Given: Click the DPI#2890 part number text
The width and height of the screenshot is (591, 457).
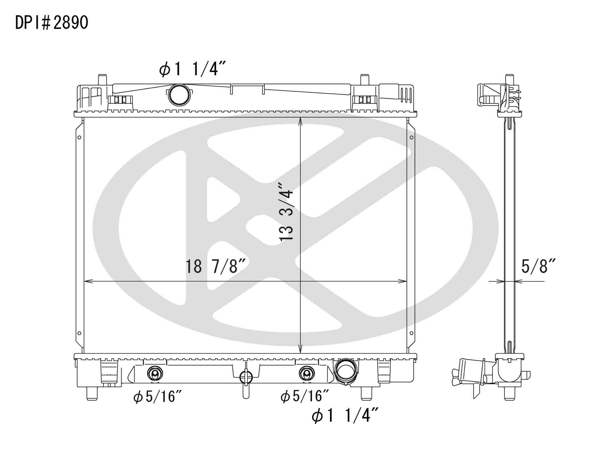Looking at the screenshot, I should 51,23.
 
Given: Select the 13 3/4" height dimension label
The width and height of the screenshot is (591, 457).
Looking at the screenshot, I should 286,212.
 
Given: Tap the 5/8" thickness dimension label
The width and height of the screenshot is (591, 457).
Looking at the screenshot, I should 538,266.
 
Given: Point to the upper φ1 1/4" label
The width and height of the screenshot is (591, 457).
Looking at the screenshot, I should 192,69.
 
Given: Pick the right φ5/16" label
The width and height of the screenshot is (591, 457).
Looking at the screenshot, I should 304,396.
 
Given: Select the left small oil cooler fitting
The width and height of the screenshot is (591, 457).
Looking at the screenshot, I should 155,374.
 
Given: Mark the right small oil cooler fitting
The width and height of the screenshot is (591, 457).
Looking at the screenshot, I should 307,374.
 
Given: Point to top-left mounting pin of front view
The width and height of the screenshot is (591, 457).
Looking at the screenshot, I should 102,79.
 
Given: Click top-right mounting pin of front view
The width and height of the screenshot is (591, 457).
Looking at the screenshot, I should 365,79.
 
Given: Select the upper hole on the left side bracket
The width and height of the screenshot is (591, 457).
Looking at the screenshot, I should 79,137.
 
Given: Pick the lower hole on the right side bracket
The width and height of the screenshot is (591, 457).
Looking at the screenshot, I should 411,333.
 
